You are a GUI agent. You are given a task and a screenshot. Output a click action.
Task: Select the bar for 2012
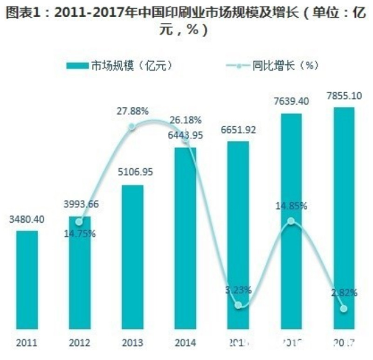pyautogui.click(x=80, y=275)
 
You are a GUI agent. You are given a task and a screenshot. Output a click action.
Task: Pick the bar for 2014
pyautogui.click(x=186, y=241)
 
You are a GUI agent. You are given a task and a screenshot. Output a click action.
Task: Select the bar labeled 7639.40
pyautogui.click(x=291, y=224)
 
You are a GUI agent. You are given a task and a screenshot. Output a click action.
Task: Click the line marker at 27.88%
pyautogui.click(x=132, y=126)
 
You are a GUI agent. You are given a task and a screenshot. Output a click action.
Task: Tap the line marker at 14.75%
pyautogui.click(x=80, y=222)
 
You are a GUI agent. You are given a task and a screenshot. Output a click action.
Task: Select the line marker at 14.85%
pyautogui.click(x=291, y=221)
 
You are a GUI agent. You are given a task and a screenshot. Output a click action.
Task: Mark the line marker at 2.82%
pyautogui.click(x=344, y=308)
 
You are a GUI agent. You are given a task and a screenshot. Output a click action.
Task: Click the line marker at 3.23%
pyautogui.click(x=238, y=305)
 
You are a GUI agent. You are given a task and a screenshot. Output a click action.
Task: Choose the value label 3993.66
pyautogui.click(x=80, y=203)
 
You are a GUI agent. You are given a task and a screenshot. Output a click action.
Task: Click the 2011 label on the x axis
pyautogui.click(x=28, y=344)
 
